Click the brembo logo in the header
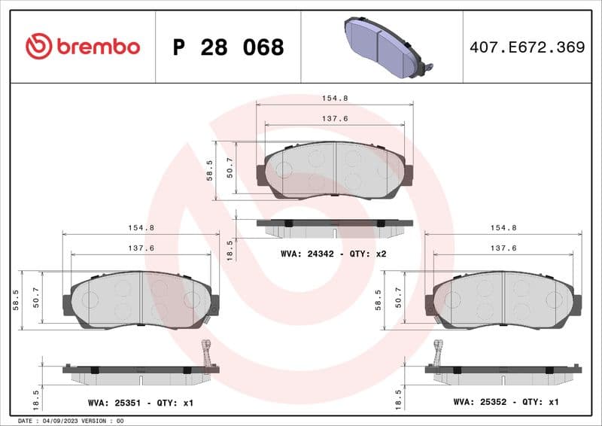click(83, 47)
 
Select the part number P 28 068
click(228, 47)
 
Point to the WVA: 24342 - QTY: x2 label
click(333, 254)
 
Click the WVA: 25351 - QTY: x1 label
click(140, 403)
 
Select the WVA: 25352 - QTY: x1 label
click(506, 403)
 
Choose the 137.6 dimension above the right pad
click(503, 248)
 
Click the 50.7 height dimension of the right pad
click(399, 300)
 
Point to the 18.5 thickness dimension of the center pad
click(230, 249)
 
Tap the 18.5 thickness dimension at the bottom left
click(36, 397)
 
